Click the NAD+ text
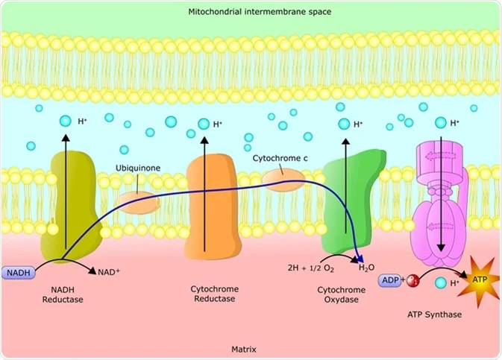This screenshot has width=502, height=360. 109,273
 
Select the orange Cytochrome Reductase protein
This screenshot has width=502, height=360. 211,205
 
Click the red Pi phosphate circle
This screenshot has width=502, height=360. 412,281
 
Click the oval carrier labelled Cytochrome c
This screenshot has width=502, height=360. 283,180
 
